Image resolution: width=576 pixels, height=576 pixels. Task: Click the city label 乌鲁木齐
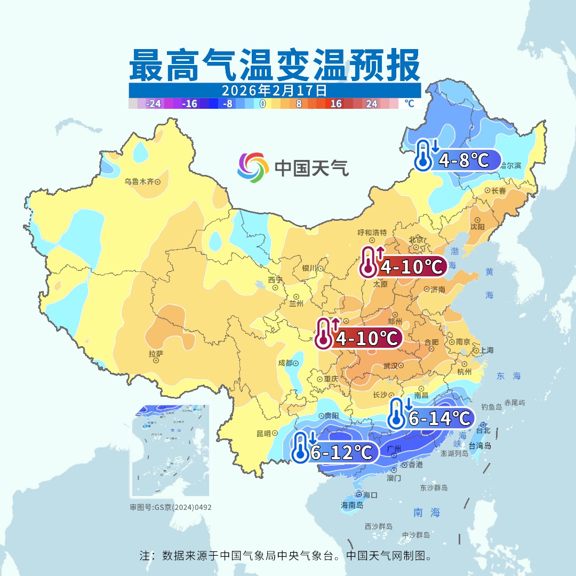point(139,181)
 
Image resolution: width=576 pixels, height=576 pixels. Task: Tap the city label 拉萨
point(156,354)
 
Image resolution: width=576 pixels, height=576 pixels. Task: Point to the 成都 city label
point(285,363)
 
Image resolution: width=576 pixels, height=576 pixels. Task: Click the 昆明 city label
point(263,433)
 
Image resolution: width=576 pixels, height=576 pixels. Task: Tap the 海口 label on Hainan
point(370,494)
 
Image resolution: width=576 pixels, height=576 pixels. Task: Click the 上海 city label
point(486,350)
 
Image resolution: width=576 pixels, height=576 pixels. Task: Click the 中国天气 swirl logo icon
point(253,168)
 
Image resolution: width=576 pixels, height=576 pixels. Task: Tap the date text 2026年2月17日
point(274,90)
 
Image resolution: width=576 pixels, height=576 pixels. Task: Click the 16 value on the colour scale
point(335,104)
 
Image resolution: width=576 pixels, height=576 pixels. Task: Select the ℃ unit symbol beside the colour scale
point(409,103)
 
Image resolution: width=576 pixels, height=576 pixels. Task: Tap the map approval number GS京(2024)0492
point(171,507)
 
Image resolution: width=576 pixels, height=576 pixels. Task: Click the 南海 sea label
point(427,513)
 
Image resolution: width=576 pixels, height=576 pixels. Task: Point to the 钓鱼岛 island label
point(491,407)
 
